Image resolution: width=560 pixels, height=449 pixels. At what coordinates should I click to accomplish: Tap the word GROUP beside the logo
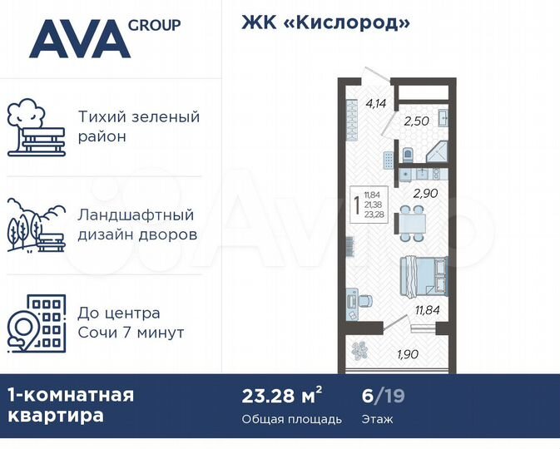click(154, 25)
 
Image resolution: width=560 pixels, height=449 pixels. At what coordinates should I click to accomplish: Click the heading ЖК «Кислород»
click(326, 23)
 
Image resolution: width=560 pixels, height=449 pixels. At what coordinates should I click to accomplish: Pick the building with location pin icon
click(34, 323)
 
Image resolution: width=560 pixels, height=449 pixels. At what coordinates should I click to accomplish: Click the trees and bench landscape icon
click(34, 225)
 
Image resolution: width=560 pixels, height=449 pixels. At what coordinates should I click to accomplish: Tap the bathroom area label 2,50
click(415, 122)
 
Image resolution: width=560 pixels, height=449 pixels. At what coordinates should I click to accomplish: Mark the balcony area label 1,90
click(407, 355)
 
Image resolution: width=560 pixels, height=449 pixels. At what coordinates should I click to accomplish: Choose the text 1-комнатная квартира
click(70, 405)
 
